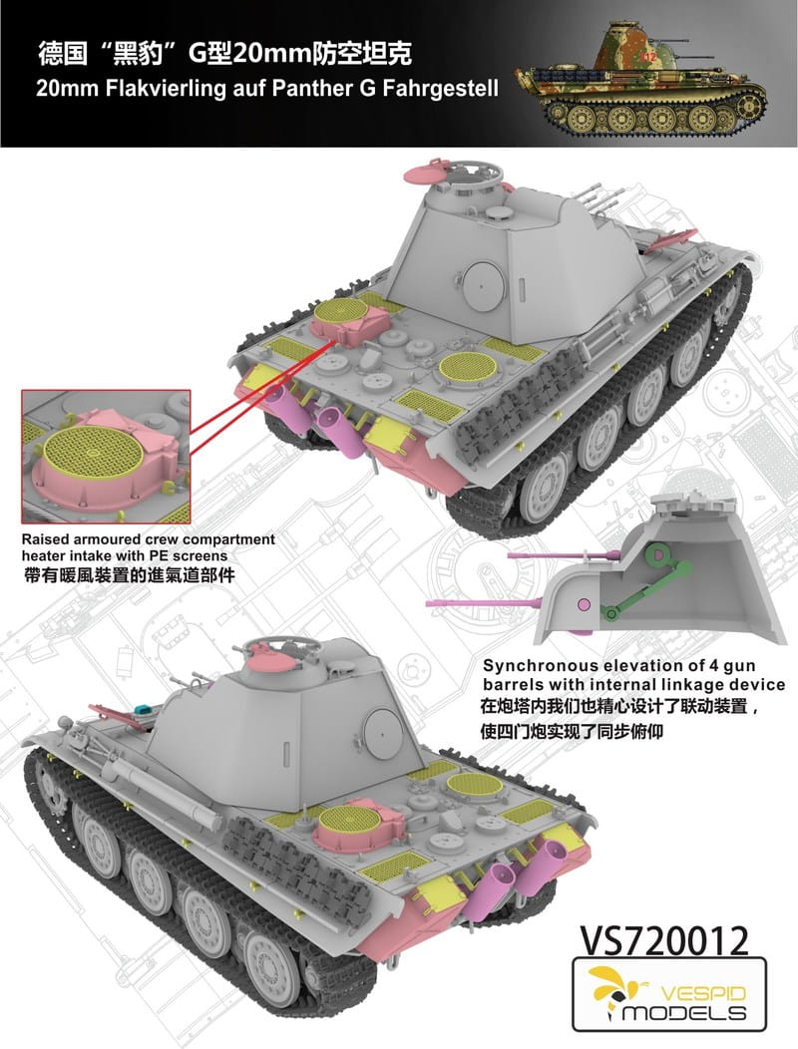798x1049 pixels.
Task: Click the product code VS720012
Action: click(x=663, y=941)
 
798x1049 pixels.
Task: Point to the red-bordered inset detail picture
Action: click(x=106, y=457)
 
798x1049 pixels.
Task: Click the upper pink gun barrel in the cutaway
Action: click(x=563, y=554)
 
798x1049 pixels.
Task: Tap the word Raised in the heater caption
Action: click(x=42, y=539)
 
